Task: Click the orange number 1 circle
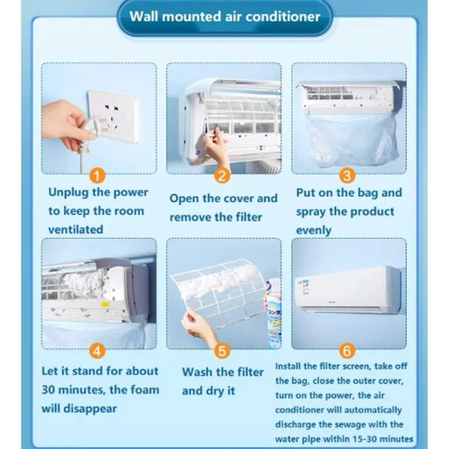[97, 175]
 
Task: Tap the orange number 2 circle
[222, 175]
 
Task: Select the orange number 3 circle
[347, 175]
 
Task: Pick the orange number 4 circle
[97, 350]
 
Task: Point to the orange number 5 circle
[222, 350]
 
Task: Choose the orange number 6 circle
[347, 350]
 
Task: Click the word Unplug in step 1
[68, 193]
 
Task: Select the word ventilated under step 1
[76, 230]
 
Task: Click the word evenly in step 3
[314, 231]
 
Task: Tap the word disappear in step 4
[90, 409]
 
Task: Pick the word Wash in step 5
[198, 372]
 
